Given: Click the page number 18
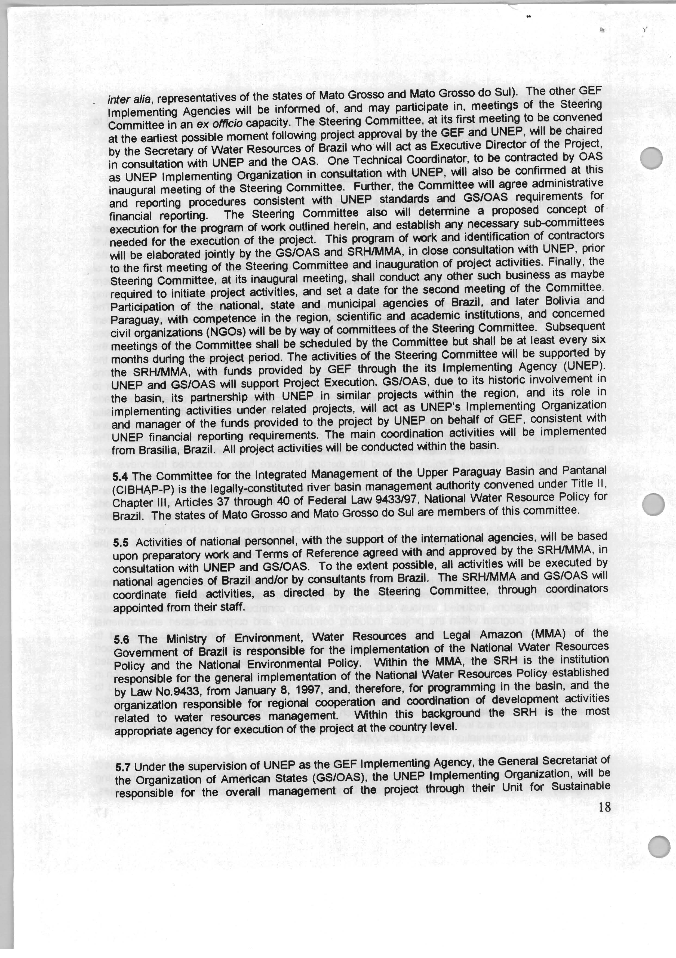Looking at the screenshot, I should click(x=604, y=807).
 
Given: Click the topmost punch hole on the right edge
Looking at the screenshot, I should click(x=651, y=159).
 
